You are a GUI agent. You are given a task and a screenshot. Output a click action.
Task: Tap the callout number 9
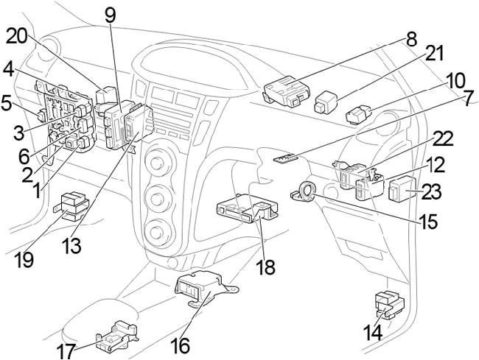click(111, 14)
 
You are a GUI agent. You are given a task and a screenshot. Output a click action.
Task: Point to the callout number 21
click(436, 54)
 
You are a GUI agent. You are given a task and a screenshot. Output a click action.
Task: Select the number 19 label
click(25, 260)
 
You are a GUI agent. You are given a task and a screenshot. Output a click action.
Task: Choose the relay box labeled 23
click(401, 190)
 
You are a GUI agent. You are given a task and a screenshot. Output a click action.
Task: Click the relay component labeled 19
click(77, 205)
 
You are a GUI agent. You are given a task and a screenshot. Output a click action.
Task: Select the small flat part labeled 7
click(285, 157)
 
